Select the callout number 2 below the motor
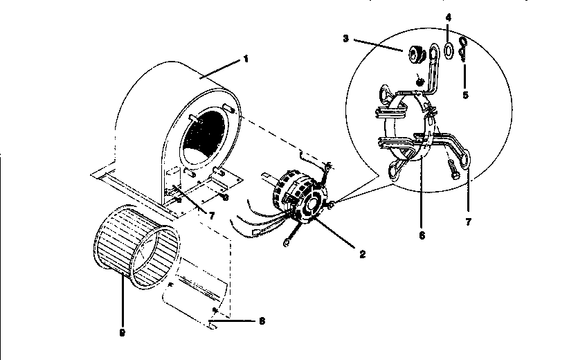coord(361,253)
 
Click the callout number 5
coord(465,94)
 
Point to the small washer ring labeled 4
coord(449,50)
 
